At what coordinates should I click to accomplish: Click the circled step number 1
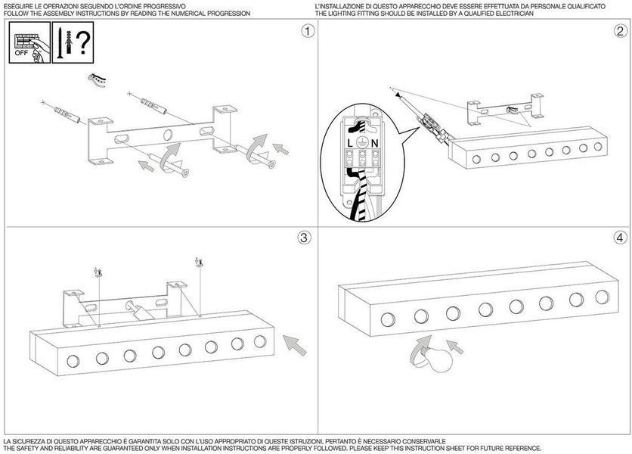pos(308,31)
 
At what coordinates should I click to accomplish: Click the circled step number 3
pos(305,238)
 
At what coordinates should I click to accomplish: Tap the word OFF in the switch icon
pos(21,53)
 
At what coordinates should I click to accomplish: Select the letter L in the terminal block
pos(350,143)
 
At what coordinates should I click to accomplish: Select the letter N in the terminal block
pos(374,143)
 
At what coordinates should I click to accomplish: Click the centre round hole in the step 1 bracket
pos(168,135)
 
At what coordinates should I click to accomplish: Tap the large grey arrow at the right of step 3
pos(295,344)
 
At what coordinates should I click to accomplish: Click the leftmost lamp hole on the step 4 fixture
pos(388,319)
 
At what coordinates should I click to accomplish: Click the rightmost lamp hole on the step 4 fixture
pos(602,297)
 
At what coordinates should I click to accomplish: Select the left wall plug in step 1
pos(67,114)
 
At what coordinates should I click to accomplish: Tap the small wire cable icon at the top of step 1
pos(97,79)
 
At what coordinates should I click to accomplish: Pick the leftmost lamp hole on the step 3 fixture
pos(73,361)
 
